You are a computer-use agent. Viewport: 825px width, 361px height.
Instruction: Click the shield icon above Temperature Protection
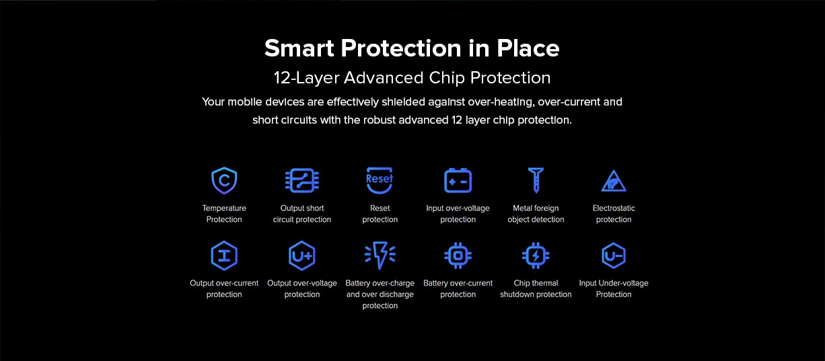tap(224, 180)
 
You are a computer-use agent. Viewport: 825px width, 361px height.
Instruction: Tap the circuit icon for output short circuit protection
tap(302, 180)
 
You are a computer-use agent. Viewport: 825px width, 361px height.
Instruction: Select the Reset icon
tap(380, 180)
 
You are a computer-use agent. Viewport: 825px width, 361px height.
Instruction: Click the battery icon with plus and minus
tap(458, 180)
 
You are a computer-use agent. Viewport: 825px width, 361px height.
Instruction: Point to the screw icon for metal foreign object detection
tap(536, 180)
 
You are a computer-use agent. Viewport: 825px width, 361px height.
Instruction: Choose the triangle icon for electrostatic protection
tap(614, 181)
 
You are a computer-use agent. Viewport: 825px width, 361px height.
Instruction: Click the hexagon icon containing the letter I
tap(224, 255)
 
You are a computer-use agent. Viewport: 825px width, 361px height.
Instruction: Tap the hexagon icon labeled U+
tap(302, 255)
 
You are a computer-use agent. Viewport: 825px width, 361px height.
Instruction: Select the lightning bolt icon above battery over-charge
tap(380, 255)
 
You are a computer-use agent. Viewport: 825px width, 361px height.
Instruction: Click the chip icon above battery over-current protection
tap(458, 255)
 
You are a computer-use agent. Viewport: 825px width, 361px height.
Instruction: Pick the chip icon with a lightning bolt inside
tap(536, 255)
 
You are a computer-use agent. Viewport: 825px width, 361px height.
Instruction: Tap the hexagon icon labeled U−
tap(614, 255)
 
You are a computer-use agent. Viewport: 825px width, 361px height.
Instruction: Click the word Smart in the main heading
tap(299, 48)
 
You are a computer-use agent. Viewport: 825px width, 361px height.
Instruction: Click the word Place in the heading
tap(528, 48)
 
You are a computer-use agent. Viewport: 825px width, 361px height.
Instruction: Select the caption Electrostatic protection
tap(614, 214)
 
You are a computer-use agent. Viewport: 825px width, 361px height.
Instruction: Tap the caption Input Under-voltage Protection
tap(614, 289)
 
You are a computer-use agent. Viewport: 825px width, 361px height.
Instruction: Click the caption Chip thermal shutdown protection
tap(536, 289)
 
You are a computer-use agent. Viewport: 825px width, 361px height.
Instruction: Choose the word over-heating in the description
tap(501, 102)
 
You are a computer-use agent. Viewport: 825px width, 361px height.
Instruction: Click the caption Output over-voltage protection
tap(302, 289)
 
